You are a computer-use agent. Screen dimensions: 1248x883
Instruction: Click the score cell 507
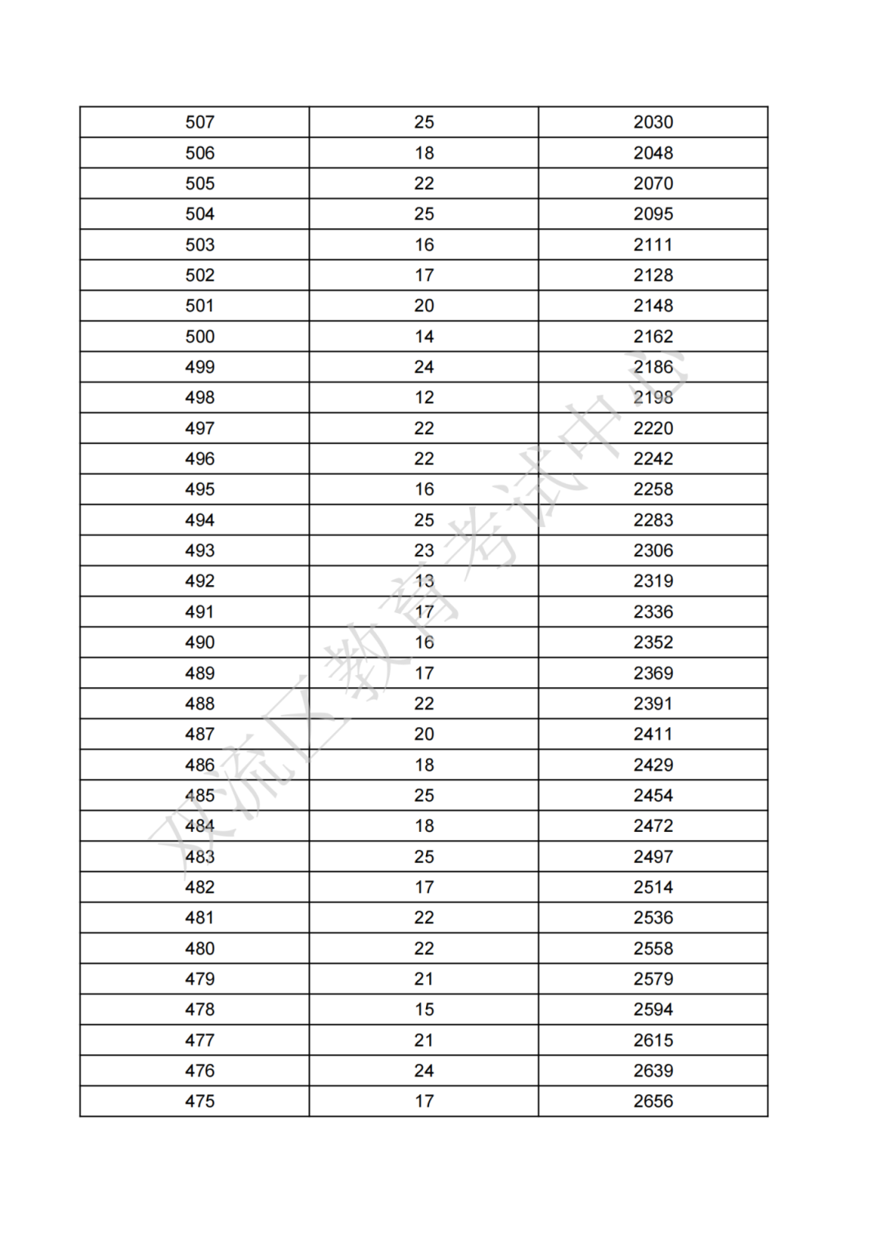(x=199, y=123)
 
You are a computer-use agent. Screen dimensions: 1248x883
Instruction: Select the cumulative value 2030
(x=653, y=123)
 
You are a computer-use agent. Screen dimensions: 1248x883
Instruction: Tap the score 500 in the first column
(x=199, y=337)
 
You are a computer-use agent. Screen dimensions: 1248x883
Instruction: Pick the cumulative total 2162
(x=653, y=337)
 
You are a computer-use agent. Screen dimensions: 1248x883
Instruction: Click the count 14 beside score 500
(x=424, y=337)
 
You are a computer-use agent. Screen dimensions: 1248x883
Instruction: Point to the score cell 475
(x=199, y=1102)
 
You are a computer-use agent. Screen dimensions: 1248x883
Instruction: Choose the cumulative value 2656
(x=653, y=1102)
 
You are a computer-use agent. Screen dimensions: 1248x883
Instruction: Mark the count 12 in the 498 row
(x=424, y=398)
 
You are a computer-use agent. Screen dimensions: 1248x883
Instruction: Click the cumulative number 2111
(x=653, y=245)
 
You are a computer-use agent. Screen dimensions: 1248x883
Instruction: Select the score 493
(x=199, y=551)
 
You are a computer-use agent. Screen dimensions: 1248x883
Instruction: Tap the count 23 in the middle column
(x=424, y=551)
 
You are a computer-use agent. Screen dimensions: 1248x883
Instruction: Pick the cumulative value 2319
(x=653, y=581)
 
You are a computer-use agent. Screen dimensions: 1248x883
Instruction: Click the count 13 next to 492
(x=424, y=581)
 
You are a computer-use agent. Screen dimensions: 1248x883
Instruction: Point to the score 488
(x=199, y=704)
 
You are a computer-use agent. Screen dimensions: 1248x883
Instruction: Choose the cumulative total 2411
(x=653, y=735)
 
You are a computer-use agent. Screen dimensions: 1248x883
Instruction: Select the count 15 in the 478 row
(x=424, y=1010)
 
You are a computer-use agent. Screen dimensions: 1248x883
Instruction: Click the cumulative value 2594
(x=653, y=1010)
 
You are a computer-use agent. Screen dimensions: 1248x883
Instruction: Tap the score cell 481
(x=199, y=918)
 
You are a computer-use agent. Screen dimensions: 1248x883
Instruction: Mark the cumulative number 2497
(x=653, y=857)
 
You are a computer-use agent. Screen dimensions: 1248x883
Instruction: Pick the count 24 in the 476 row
(x=424, y=1071)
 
